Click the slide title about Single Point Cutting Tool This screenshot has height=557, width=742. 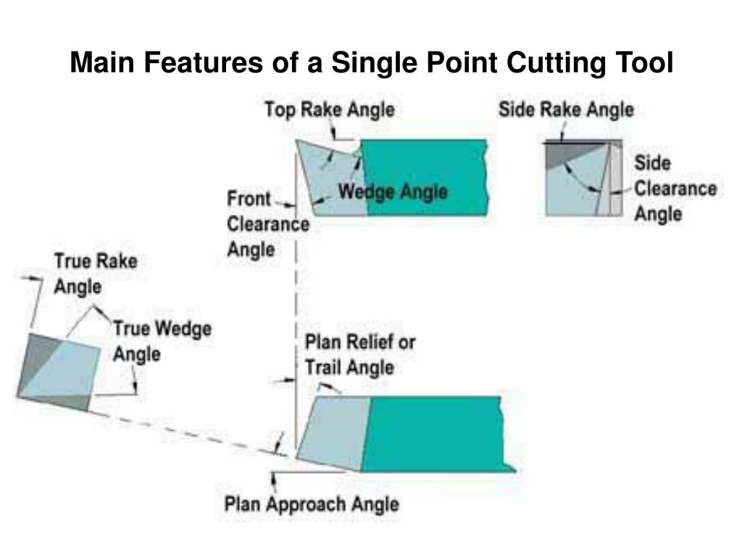[x=371, y=63]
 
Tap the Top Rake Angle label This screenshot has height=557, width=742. [x=329, y=110]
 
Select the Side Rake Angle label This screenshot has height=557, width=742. [x=566, y=110]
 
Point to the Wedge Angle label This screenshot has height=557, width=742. [x=393, y=193]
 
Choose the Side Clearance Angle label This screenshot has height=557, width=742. [x=675, y=188]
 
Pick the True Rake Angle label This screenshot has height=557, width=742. [x=95, y=273]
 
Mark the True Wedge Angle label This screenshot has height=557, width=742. [x=162, y=341]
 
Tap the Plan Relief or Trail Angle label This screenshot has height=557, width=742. [x=359, y=354]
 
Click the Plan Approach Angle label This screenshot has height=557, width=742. [x=312, y=503]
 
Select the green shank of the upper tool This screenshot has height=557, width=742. [x=425, y=177]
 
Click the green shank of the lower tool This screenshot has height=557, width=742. [x=435, y=434]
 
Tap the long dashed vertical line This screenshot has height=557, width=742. [x=296, y=305]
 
